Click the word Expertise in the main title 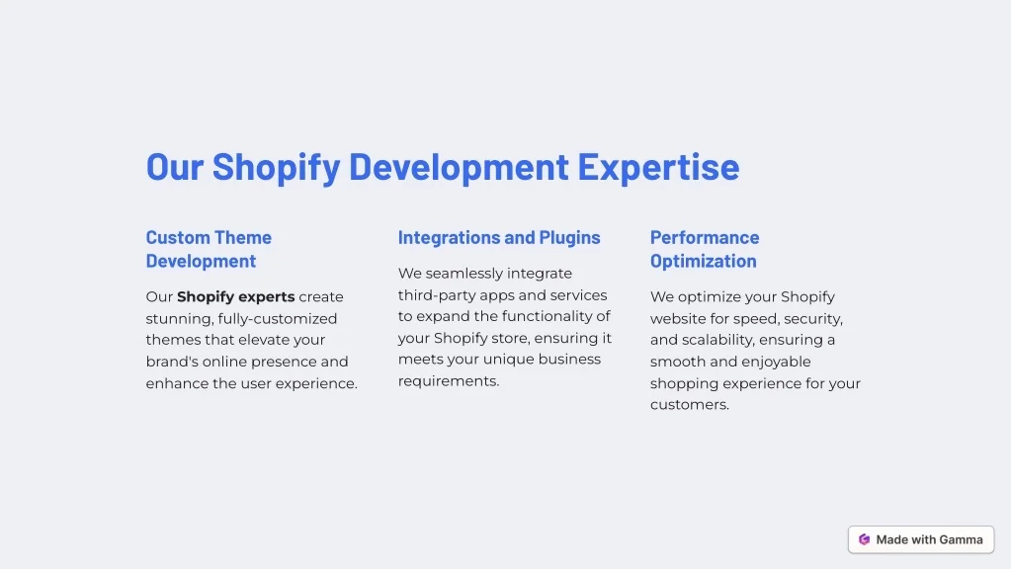pos(658,168)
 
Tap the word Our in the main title pos(175,167)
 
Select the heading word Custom pos(178,237)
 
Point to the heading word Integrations pos(449,238)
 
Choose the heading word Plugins pos(569,238)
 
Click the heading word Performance pos(705,237)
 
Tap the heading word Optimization pos(704,261)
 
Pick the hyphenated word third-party pos(437,295)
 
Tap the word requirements pos(449,381)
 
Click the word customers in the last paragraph pos(689,405)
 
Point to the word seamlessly pos(464,274)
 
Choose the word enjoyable pos(777,363)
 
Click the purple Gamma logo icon pos(864,539)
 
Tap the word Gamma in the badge pos(961,540)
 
